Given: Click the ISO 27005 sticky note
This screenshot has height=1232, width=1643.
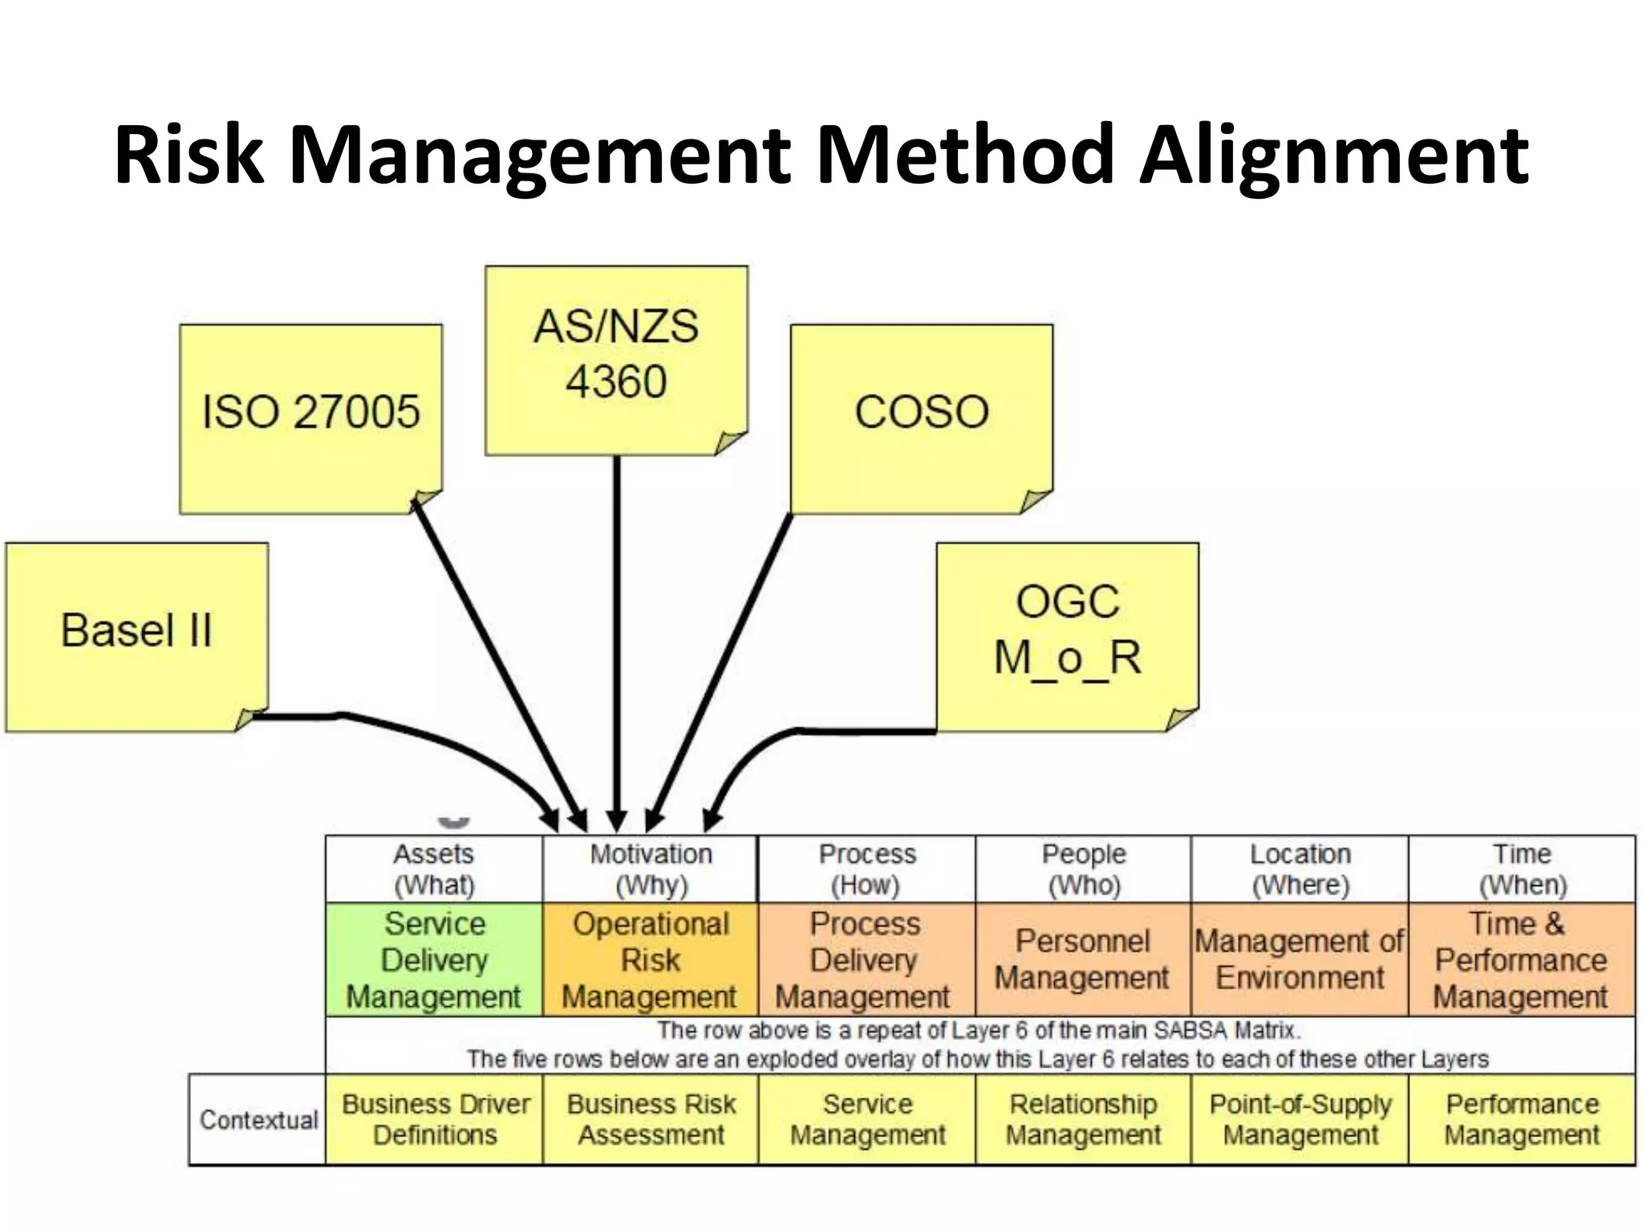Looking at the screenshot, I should [x=310, y=417].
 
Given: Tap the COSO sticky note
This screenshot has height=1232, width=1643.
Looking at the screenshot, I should [x=921, y=417].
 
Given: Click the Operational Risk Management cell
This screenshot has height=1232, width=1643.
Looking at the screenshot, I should [x=650, y=960].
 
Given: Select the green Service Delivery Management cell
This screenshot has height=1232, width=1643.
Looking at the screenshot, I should [x=434, y=960].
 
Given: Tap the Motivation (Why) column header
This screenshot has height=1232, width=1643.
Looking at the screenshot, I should [x=651, y=869].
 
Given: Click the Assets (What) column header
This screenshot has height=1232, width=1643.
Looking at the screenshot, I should [x=434, y=869].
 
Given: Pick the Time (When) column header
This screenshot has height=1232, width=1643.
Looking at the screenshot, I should [x=1522, y=869].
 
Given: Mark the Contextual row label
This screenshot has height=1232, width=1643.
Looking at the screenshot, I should [x=258, y=1120].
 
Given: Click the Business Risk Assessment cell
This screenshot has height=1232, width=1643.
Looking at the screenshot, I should [x=651, y=1120].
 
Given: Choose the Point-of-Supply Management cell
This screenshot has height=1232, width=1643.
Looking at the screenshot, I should [x=1300, y=1120].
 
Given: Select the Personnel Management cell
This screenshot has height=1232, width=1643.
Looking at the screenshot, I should [x=1083, y=960].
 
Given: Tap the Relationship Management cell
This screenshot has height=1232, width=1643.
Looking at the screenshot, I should [x=1083, y=1120].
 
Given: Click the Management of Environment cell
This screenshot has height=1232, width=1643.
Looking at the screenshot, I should [x=1300, y=960].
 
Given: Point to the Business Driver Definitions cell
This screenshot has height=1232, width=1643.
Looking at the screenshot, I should [x=435, y=1120].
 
